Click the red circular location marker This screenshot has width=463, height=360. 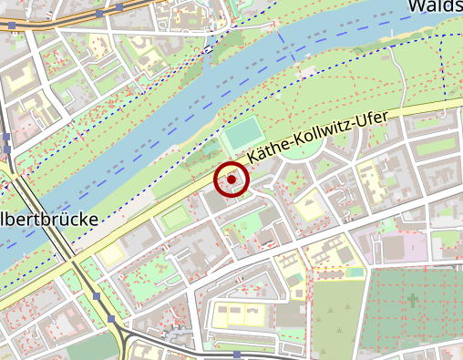(231, 180)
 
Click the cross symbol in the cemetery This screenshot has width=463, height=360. (414, 299)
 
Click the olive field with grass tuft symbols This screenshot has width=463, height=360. (337, 319)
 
